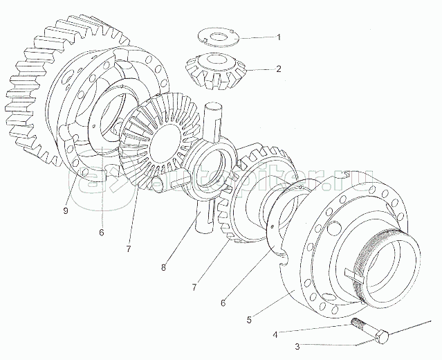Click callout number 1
[x=278, y=37]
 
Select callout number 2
[x=278, y=69]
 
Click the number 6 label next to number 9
[x=101, y=233]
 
